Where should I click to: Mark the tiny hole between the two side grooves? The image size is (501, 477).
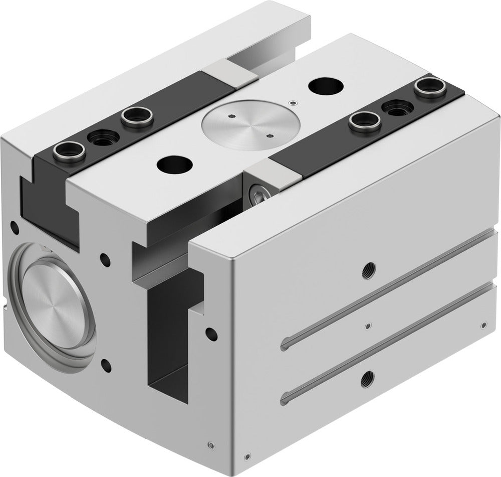coord(368,326)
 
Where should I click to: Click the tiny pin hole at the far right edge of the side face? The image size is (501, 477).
coord(484,325)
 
